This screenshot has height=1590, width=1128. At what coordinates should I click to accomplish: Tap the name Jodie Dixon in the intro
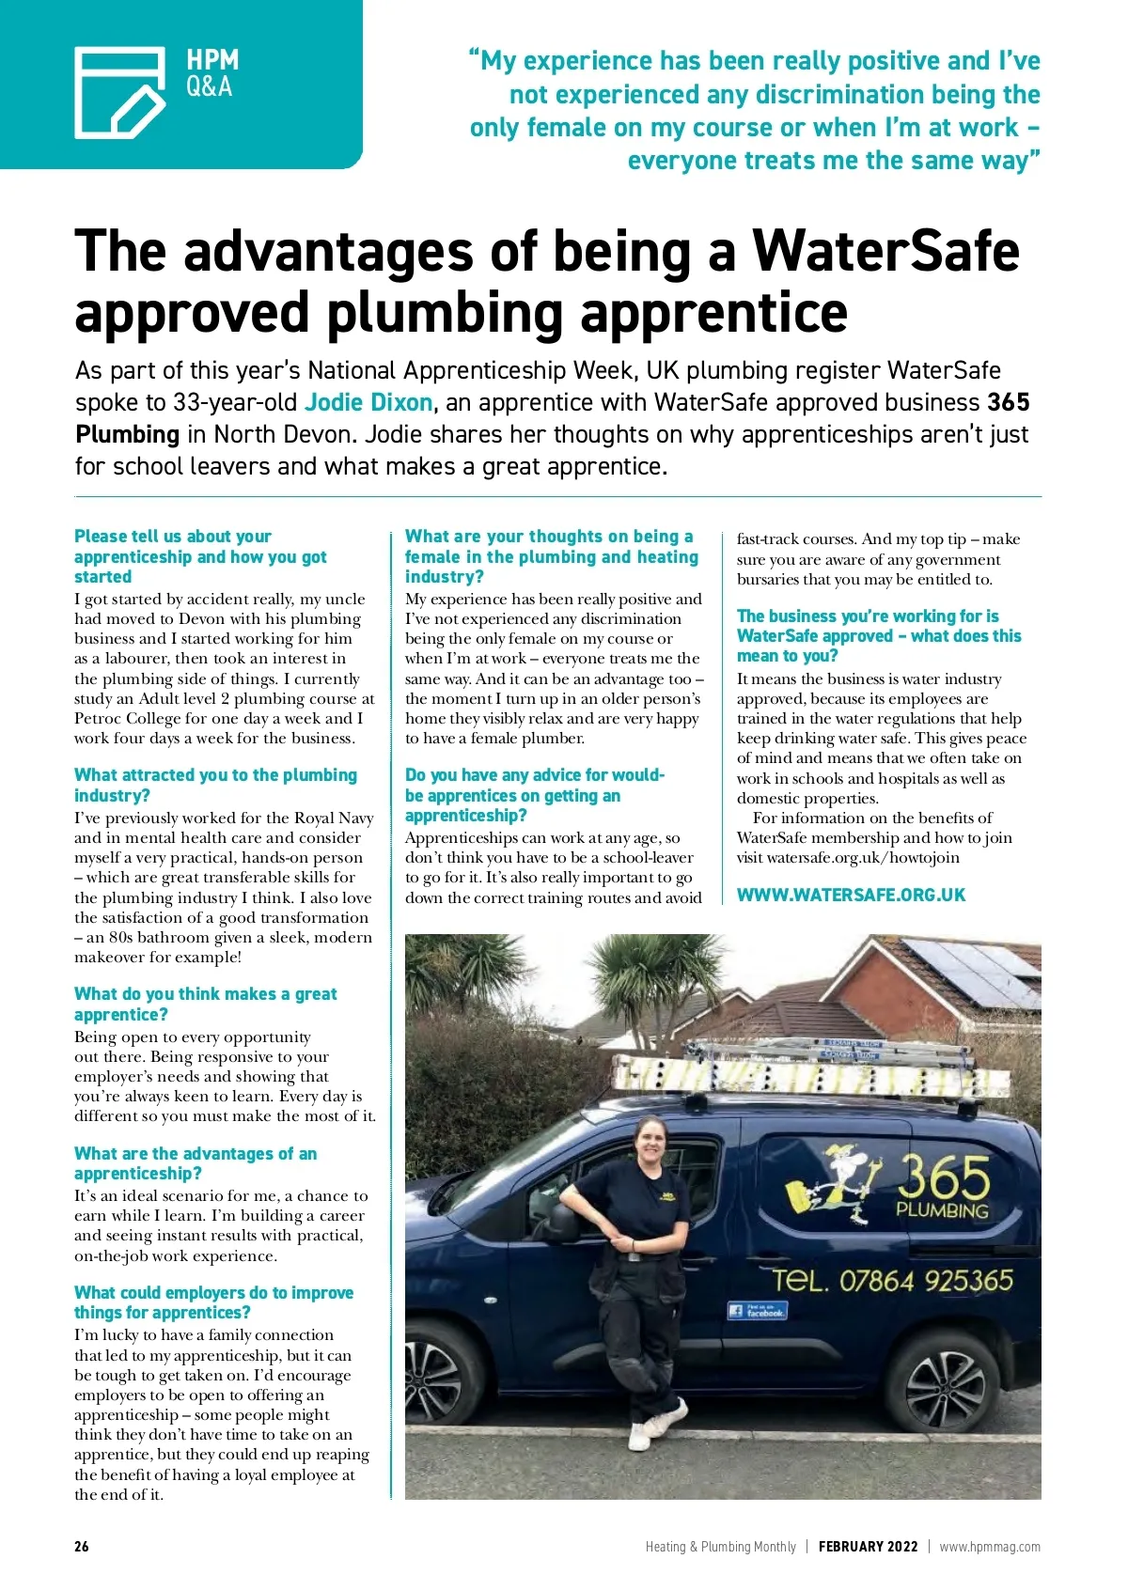pos(368,403)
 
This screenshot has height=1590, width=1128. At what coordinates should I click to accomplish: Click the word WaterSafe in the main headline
pos(885,252)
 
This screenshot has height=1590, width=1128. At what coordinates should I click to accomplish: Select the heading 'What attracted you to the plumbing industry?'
pos(215,785)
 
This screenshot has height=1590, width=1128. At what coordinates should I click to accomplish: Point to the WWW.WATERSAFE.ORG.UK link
pos(851,896)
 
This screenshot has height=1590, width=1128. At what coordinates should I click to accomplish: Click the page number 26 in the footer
pos(82,1547)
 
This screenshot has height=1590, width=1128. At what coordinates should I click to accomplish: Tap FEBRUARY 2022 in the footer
pos(868,1547)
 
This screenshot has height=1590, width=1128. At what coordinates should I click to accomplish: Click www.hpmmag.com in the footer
pos(990,1547)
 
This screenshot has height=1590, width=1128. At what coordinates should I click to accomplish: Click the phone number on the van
pos(892,1280)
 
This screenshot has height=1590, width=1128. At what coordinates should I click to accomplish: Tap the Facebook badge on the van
pos(757,1310)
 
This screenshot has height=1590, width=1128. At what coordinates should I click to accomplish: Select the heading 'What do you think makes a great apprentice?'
pos(205,1005)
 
